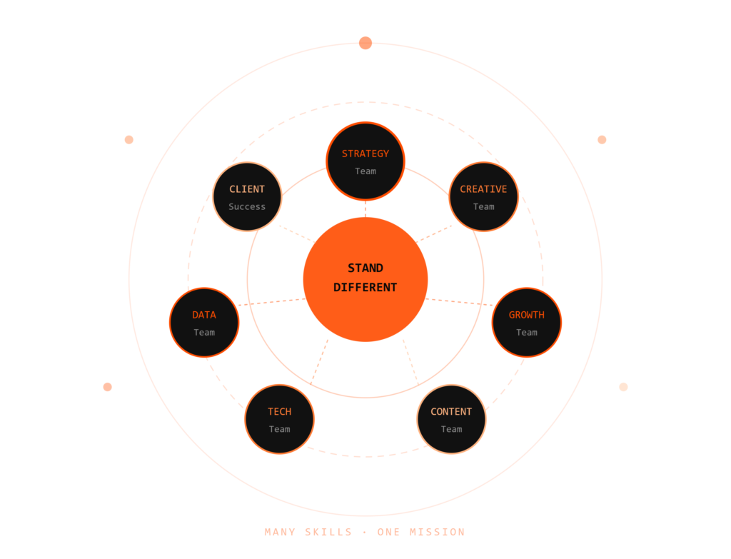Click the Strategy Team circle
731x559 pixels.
(x=365, y=161)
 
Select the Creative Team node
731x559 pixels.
(x=483, y=197)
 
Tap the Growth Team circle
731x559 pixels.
(x=527, y=323)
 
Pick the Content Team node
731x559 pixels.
(x=451, y=419)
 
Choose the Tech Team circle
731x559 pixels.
(x=280, y=419)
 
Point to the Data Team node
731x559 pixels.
(x=204, y=323)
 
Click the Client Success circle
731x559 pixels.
(x=247, y=197)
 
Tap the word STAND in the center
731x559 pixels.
(x=365, y=268)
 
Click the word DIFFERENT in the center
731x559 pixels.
(x=365, y=287)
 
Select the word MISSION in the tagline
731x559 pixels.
(x=438, y=532)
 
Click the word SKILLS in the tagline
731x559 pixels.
(x=328, y=532)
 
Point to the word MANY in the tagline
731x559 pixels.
(x=280, y=532)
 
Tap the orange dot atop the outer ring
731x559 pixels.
(x=365, y=43)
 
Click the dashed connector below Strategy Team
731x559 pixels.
(x=365, y=209)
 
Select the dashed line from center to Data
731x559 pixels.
(x=272, y=302)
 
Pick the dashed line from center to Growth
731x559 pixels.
(x=459, y=302)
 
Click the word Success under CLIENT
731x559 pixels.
(x=247, y=206)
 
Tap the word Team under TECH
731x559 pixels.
(x=280, y=429)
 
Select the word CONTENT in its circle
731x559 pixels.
(x=451, y=412)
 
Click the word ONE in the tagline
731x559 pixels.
(x=388, y=532)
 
